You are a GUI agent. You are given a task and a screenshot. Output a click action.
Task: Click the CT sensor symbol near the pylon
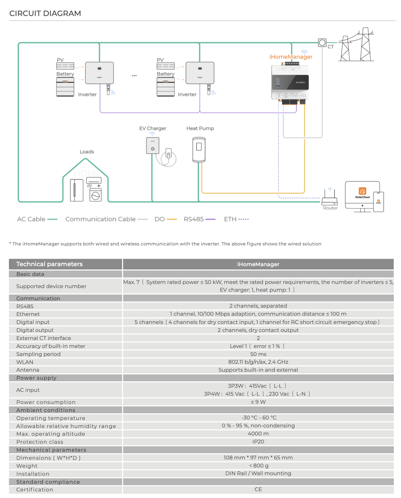(322, 43)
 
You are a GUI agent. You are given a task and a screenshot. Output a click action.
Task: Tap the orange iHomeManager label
(291, 57)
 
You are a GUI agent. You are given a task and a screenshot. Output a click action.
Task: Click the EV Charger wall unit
(153, 146)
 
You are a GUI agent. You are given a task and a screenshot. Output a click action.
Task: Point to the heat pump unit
(199, 149)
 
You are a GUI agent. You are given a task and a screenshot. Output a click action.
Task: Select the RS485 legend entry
(199, 219)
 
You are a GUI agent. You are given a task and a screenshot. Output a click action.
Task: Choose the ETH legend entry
(236, 219)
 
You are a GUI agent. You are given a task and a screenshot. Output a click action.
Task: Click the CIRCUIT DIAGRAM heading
(45, 13)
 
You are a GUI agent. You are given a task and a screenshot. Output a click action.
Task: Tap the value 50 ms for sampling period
(258, 354)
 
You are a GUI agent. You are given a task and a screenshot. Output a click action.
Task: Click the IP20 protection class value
(258, 442)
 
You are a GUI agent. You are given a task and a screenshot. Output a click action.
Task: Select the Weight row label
(27, 466)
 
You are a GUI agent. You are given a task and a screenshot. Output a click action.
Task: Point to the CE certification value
(258, 489)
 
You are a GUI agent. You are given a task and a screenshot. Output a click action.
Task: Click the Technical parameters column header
(50, 264)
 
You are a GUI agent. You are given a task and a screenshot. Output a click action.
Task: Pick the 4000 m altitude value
(258, 434)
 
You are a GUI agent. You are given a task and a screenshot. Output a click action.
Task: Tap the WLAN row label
(25, 362)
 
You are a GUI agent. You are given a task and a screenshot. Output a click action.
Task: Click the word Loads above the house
(87, 152)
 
